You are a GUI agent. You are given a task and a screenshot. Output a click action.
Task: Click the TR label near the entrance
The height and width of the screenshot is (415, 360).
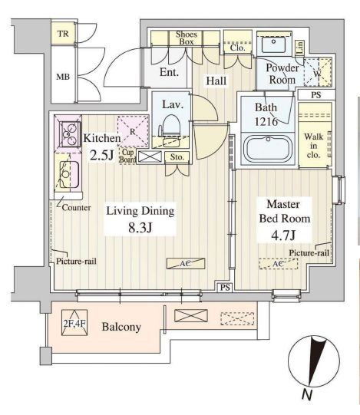coord(63,34)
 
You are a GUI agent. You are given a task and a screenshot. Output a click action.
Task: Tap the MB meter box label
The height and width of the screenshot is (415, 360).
coord(63,77)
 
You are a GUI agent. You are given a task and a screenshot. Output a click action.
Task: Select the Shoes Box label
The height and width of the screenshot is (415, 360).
coord(187,38)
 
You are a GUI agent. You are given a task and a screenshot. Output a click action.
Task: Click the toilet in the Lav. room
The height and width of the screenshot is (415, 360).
coord(170,125)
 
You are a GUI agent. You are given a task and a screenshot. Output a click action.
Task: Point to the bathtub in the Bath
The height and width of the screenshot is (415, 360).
coord(268,149)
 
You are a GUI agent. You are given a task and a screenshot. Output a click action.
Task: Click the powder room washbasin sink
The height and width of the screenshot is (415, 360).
coord(273,44)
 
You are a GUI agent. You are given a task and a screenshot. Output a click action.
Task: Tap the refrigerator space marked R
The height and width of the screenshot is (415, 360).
coord(134,131)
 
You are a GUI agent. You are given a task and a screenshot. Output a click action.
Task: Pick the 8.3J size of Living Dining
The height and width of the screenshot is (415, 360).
coord(140,227)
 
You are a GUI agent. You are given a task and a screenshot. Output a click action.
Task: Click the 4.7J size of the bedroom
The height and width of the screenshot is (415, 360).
coord(283,235)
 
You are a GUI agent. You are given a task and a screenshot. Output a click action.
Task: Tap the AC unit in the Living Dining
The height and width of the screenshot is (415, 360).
coord(186,264)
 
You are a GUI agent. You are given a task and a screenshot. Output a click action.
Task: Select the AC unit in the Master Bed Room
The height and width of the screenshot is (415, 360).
coord(279,264)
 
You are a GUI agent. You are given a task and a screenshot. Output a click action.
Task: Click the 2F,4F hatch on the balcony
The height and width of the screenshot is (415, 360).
coord(74,323)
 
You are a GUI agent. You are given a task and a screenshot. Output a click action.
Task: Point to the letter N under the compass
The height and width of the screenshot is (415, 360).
coord(307,394)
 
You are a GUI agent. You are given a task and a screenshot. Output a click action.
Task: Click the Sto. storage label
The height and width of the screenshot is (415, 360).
coord(177,157)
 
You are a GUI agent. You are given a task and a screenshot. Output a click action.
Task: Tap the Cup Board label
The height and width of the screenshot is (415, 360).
coord(128,156)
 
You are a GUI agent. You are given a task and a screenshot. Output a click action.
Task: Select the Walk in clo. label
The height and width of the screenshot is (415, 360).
coord(314,146)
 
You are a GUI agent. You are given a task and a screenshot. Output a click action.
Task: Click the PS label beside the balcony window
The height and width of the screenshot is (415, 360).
coord(225,287)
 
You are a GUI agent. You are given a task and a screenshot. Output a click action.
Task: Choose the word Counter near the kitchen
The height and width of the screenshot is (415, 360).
coord(76,207)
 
